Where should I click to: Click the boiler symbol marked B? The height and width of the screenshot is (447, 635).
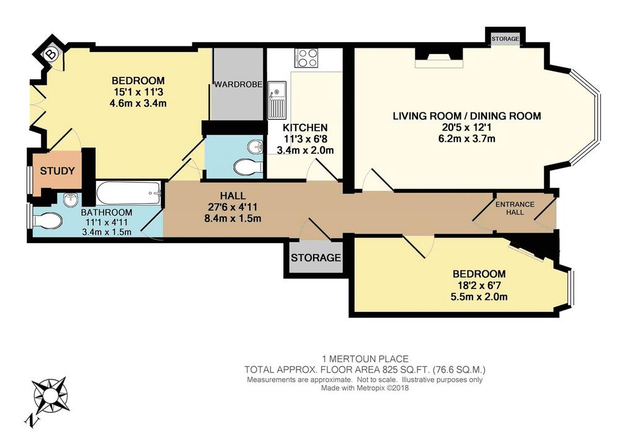click(x=51, y=55)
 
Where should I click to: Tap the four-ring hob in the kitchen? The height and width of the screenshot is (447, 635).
click(x=306, y=58)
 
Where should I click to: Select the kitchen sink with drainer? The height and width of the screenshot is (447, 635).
click(x=277, y=100)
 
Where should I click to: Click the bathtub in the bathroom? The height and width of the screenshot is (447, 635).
click(x=128, y=193)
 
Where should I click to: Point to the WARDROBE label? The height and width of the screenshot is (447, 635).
click(x=238, y=84)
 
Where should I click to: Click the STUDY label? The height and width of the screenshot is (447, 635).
click(x=57, y=171)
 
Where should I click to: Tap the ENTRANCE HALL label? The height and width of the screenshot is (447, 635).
click(x=515, y=208)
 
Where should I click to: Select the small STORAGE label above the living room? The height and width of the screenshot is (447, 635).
click(x=505, y=39)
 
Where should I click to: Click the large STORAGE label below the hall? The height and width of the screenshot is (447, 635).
click(x=316, y=257)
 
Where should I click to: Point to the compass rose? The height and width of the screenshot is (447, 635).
click(x=51, y=395)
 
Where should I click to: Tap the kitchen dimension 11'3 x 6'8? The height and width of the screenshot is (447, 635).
click(x=304, y=139)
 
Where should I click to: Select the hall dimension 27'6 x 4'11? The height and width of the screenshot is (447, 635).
click(x=233, y=207)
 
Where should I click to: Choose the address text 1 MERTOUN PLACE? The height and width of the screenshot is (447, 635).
click(x=365, y=359)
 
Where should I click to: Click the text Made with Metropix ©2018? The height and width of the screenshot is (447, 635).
click(x=365, y=388)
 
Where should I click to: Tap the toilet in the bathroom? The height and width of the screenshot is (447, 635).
click(x=48, y=221)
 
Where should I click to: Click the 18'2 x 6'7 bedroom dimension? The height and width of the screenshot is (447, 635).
click(x=479, y=285)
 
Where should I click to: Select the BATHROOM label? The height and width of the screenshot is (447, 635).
click(x=107, y=213)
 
